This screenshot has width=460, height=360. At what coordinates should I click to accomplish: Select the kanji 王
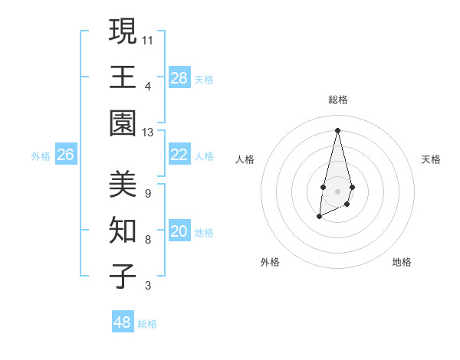[123, 77]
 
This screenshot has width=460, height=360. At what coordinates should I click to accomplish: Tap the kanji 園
[123, 124]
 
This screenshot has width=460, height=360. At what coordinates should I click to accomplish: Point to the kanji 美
[123, 184]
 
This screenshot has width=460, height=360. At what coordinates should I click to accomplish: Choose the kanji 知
[123, 231]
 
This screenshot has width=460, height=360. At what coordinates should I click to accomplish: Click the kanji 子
[123, 277]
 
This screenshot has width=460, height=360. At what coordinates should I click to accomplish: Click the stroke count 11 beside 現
[148, 39]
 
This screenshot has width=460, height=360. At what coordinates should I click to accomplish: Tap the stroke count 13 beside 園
[148, 133]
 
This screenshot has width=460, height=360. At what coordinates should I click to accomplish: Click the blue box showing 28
[179, 78]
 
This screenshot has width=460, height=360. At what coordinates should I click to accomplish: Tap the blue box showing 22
[179, 155]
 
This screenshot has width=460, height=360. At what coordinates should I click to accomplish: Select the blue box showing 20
[179, 232]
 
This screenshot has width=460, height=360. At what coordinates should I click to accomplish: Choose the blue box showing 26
[65, 155]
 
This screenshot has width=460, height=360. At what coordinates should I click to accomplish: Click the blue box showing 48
[123, 322]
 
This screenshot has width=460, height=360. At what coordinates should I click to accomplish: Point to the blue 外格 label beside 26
[41, 156]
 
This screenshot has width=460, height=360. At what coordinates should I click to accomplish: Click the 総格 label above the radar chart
[338, 100]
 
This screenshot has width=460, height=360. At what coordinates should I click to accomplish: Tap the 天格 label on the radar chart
[432, 159]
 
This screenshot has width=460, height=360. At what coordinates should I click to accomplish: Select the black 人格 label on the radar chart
[245, 159]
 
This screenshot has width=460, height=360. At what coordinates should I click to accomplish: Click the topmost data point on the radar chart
[337, 129]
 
